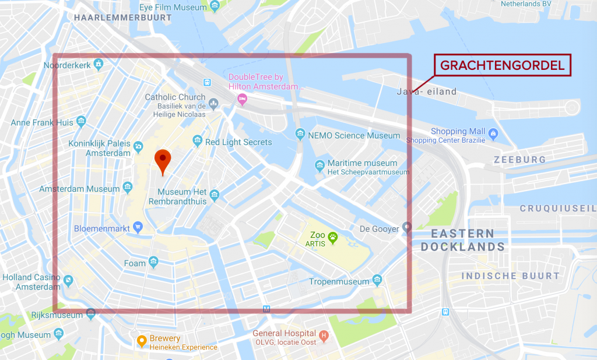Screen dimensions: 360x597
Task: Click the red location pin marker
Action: click(163, 160)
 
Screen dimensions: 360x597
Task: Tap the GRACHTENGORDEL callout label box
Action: click(502, 65)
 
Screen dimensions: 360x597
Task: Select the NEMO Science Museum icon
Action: click(300, 135)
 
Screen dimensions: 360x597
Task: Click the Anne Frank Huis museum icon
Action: click(81, 122)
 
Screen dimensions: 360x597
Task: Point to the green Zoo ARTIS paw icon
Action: click(333, 237)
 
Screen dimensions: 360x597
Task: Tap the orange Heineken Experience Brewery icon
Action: click(141, 341)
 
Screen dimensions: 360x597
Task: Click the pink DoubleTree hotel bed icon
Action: click(241, 100)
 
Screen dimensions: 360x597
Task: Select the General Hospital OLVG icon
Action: click(325, 336)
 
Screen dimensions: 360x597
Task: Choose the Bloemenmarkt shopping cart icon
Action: click(138, 226)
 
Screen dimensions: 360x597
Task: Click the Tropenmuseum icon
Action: click(377, 281)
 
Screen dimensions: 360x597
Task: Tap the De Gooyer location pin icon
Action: click(407, 228)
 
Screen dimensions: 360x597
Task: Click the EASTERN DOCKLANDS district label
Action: click(463, 240)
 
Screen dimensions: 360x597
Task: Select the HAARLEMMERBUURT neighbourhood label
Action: click(123, 17)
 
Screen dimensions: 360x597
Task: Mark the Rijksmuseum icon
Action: click(90, 315)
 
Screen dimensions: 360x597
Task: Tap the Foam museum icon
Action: click(153, 263)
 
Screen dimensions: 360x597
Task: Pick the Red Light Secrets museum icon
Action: click(198, 142)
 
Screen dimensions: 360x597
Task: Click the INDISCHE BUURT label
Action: click(511, 276)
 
